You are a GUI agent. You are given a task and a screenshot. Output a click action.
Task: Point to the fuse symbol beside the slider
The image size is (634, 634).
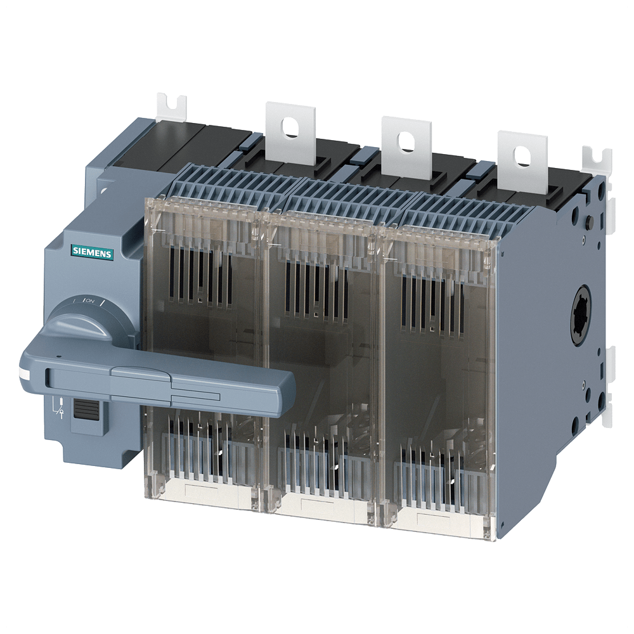click(60, 409)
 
